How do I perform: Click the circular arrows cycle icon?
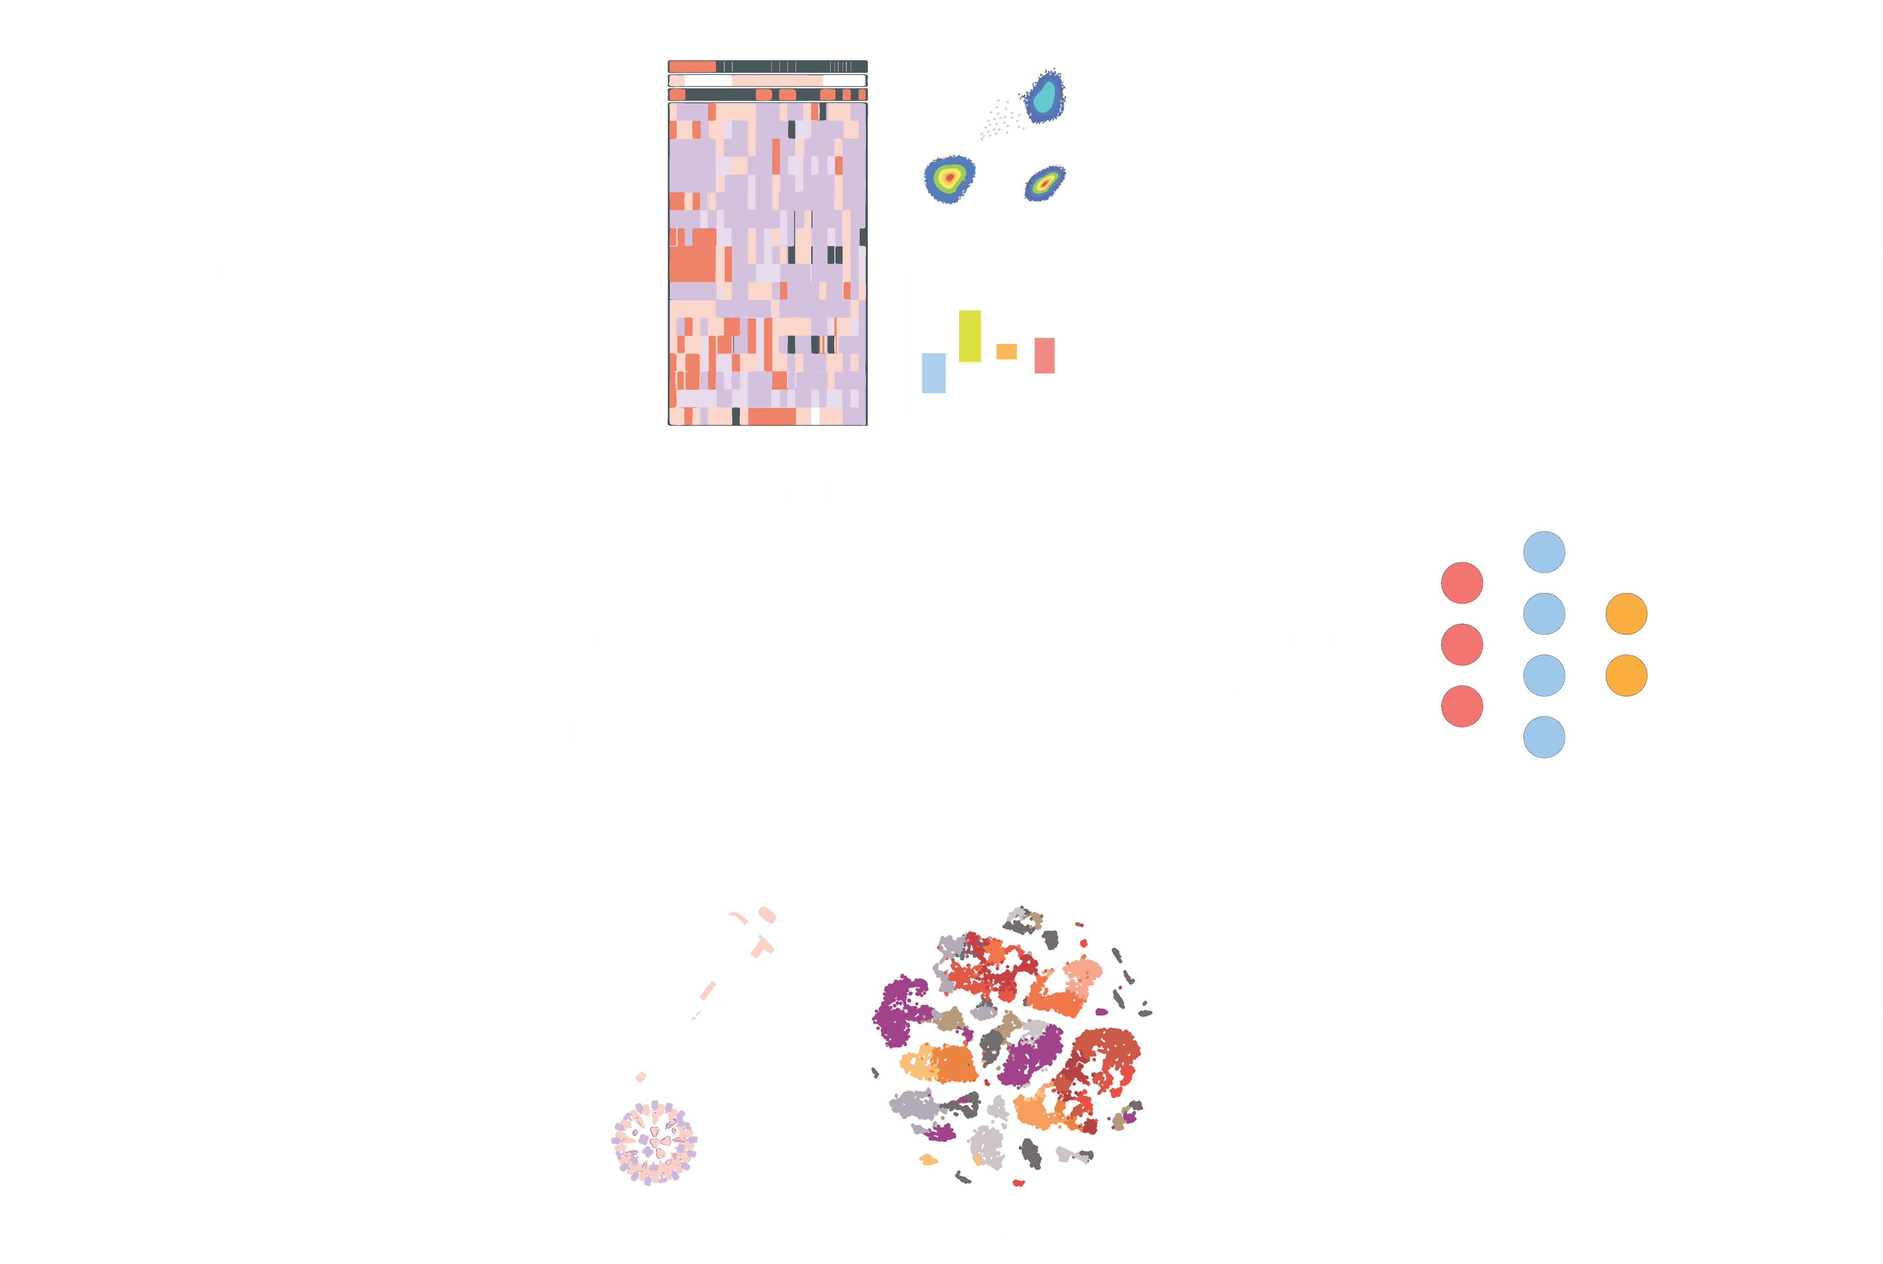[x=875, y=655]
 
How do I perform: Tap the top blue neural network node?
[x=1544, y=552]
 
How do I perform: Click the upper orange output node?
[x=1626, y=614]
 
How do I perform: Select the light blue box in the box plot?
[x=934, y=372]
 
